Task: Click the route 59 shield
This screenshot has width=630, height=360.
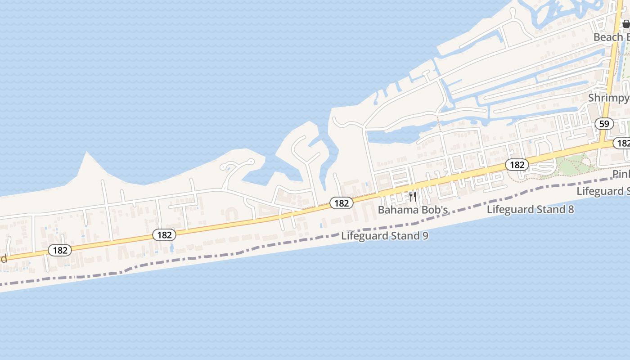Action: (x=604, y=123)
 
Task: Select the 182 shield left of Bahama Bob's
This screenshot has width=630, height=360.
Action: (x=342, y=203)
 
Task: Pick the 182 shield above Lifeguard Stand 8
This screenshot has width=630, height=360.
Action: (x=517, y=165)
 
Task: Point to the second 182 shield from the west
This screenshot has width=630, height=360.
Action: (x=164, y=234)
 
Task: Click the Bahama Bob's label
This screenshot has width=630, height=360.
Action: (x=413, y=210)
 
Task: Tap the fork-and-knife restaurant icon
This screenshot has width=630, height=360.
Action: (x=412, y=196)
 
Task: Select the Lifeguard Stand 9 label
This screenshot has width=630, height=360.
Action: (x=384, y=236)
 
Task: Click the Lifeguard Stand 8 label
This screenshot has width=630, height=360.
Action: (x=530, y=209)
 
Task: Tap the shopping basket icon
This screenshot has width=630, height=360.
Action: (x=626, y=24)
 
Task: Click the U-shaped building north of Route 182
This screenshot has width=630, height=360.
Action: (x=232, y=213)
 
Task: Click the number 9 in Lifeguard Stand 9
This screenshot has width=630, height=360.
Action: (x=425, y=236)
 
